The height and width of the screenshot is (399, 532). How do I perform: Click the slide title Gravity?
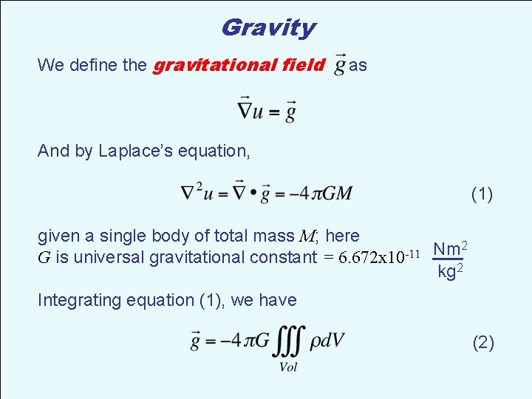(267, 28)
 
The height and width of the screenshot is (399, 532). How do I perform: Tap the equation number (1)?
(482, 194)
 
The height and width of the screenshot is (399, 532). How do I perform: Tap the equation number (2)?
(482, 342)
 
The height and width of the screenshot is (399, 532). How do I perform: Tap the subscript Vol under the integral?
(288, 367)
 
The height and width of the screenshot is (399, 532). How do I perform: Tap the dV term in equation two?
(331, 340)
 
